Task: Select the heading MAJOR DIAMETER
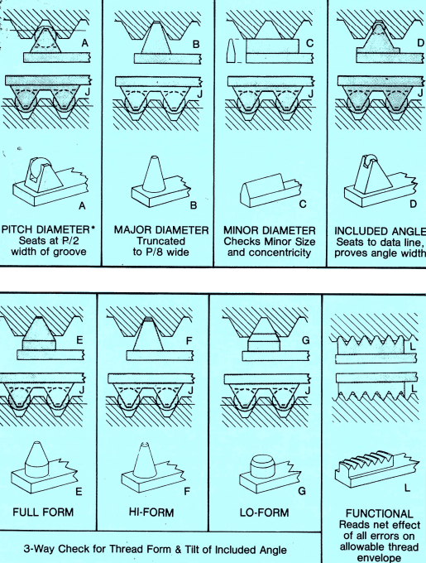[x=161, y=230]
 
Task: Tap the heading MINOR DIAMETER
[x=270, y=230]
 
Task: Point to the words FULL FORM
[x=43, y=512]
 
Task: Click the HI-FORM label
[x=151, y=512]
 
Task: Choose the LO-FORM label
[x=264, y=512]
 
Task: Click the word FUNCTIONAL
[x=379, y=514]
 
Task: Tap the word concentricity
[x=269, y=253]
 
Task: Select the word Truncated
[x=160, y=241]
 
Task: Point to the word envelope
[x=379, y=558]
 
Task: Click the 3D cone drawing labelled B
[x=161, y=182]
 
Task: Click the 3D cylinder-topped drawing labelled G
[x=270, y=474]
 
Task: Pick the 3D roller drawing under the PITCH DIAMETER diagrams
[x=50, y=181]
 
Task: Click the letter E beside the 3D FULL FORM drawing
[x=79, y=492]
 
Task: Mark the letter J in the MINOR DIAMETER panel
[x=310, y=94]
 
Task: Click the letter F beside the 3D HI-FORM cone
[x=187, y=491]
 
